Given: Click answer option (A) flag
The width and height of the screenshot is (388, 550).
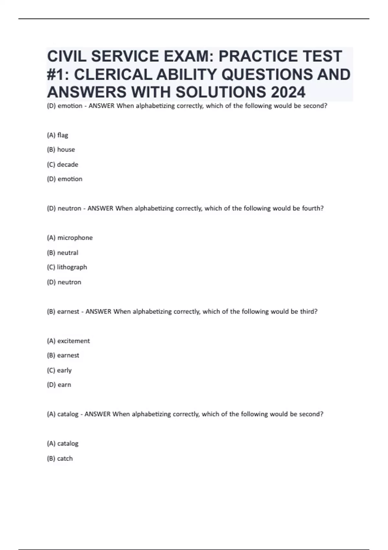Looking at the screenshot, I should (58, 135).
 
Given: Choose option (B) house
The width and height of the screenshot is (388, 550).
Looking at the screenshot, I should (61, 149).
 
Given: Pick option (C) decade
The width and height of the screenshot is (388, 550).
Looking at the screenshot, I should (62, 164).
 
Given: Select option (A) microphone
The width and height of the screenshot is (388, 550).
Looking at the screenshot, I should (70, 238).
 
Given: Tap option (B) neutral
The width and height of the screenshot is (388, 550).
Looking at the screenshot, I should (62, 252).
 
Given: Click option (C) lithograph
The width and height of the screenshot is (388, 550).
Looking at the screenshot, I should (67, 267).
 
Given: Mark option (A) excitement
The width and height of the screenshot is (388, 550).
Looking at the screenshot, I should (68, 341).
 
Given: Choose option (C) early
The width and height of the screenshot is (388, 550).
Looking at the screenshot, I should (59, 370).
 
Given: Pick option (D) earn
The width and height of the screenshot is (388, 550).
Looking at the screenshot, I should (59, 385).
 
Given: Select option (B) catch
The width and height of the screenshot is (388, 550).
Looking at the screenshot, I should (60, 458).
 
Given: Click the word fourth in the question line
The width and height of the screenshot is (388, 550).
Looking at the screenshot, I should (312, 208).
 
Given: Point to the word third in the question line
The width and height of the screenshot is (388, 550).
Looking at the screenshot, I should (309, 312).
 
